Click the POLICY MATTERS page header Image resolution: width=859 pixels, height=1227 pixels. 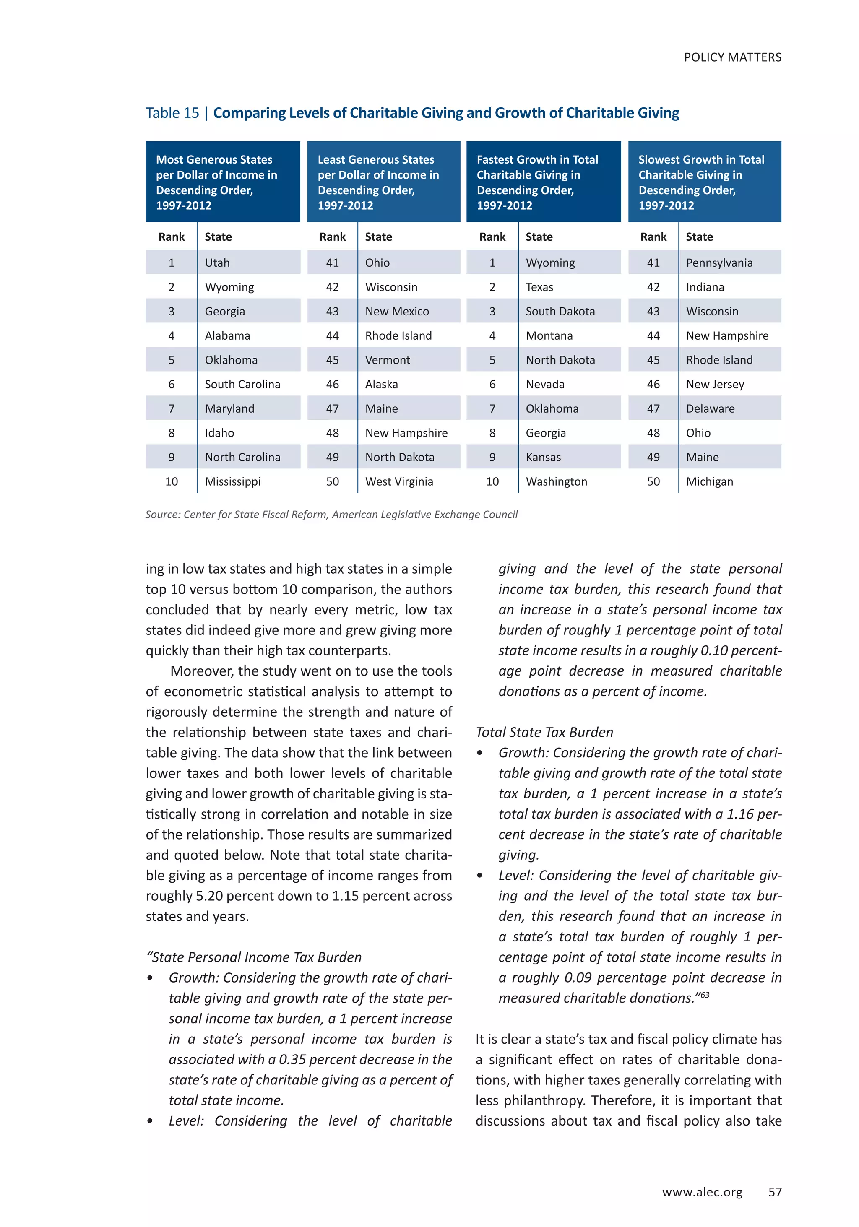pyautogui.click(x=732, y=57)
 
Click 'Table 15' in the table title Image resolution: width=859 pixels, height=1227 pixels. pyautogui.click(x=172, y=113)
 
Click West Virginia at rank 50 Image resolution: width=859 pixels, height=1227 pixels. pyautogui.click(x=399, y=481)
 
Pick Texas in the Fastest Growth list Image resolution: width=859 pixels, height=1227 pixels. pyautogui.click(x=539, y=287)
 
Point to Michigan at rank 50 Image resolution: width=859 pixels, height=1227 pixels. pyautogui.click(x=709, y=481)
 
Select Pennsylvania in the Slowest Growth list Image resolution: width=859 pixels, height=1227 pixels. pyautogui.click(x=719, y=263)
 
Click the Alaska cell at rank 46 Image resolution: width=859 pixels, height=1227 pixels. pyautogui.click(x=381, y=384)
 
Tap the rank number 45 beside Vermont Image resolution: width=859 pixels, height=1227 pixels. pyautogui.click(x=333, y=360)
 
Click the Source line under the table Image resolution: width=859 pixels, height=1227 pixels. pyautogui.click(x=331, y=514)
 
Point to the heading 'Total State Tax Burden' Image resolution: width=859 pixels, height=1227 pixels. pyautogui.click(x=544, y=732)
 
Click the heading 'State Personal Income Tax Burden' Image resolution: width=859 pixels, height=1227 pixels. pyautogui.click(x=255, y=957)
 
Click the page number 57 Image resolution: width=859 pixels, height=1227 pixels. pyautogui.click(x=775, y=1192)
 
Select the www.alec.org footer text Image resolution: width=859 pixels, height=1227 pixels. pyautogui.click(x=702, y=1192)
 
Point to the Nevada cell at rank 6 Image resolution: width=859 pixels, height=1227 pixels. pyautogui.click(x=545, y=384)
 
